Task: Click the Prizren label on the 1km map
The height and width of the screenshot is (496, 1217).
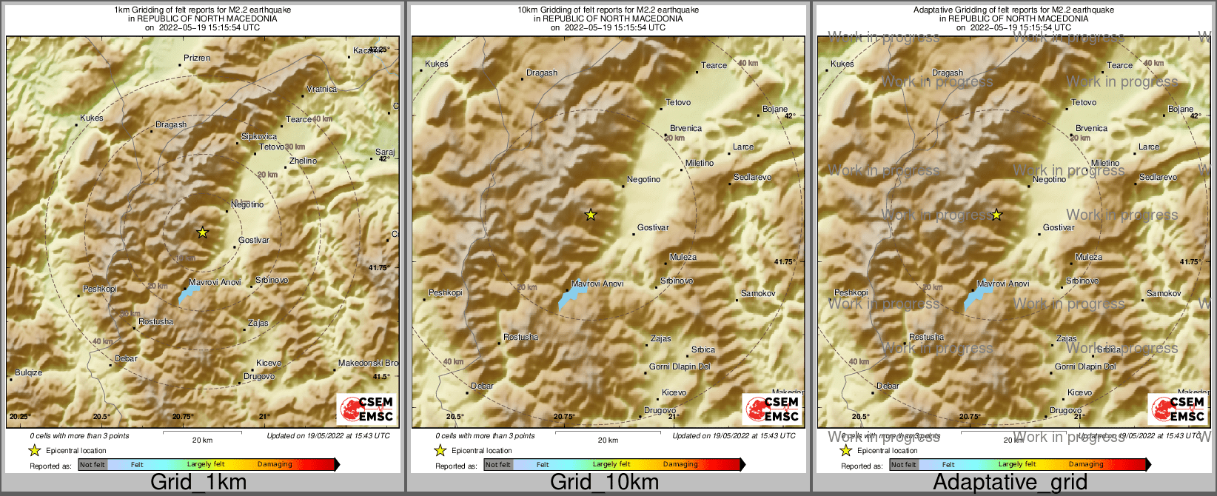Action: point(197,58)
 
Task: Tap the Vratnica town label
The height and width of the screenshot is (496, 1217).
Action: point(321,89)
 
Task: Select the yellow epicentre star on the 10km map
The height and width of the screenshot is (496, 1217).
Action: point(590,215)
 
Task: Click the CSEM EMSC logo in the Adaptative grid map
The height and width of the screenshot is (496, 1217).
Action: point(1178,408)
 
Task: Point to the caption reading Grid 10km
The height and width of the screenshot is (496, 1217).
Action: point(604,482)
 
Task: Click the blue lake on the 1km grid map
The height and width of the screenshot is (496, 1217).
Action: point(189,294)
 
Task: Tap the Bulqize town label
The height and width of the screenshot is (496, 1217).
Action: point(29,372)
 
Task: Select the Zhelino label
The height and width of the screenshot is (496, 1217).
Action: point(303,161)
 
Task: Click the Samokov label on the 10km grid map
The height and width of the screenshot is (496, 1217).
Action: point(758,294)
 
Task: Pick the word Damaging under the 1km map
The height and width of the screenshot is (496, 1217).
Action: point(275,464)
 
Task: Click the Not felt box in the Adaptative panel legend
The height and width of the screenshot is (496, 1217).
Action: point(903,465)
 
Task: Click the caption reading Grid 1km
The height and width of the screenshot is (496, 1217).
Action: point(198,482)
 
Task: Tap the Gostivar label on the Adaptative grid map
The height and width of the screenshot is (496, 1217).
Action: point(1059,227)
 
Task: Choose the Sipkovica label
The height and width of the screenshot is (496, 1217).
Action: point(259,136)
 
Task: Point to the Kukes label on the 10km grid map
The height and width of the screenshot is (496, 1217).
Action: point(437,64)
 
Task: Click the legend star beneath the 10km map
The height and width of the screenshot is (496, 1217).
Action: point(440,450)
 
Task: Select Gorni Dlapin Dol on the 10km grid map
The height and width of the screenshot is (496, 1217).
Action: point(680,366)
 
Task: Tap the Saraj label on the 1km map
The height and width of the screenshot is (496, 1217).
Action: point(385,152)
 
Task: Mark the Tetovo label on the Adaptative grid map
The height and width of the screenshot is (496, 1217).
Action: point(1084,102)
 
